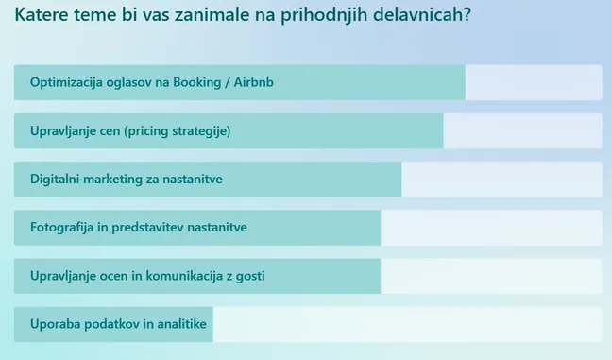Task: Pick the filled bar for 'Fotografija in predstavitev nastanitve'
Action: click(x=312, y=228)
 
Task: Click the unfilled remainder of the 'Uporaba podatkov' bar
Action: click(x=406, y=324)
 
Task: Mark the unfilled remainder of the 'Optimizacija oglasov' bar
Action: click(x=533, y=82)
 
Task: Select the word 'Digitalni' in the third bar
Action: click(x=57, y=180)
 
